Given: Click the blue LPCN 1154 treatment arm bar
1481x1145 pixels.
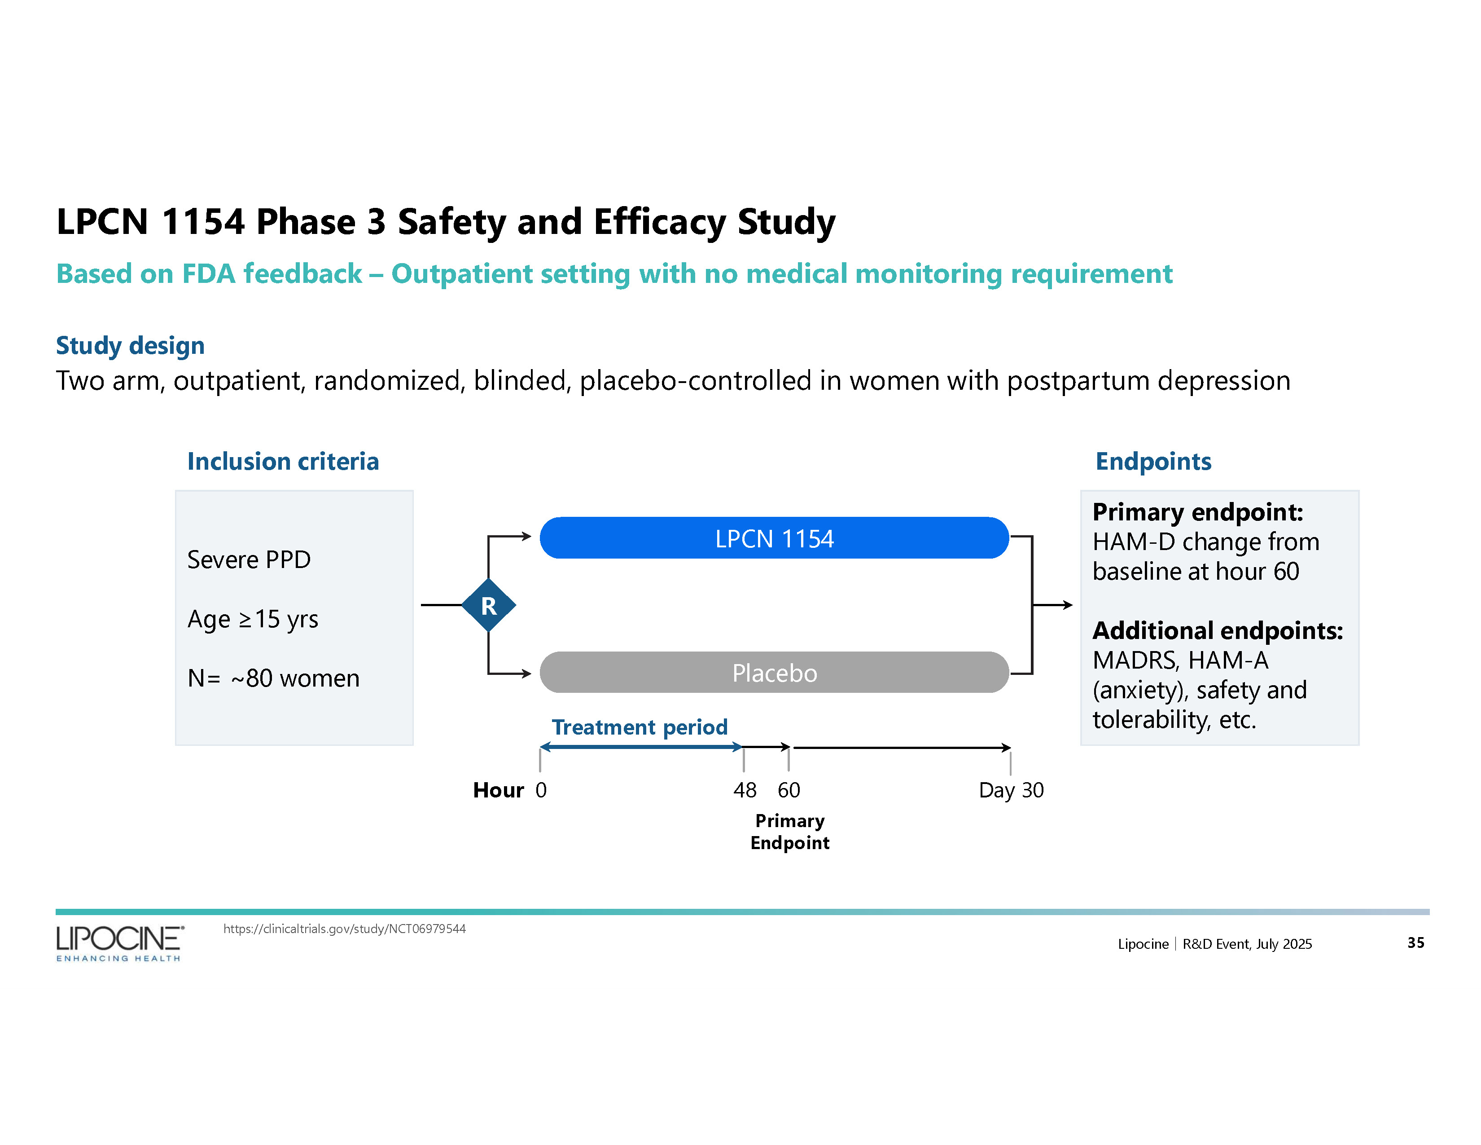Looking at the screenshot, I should [774, 538].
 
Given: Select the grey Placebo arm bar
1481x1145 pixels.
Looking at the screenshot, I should [774, 672].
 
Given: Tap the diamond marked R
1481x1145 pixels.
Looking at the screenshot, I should [488, 605].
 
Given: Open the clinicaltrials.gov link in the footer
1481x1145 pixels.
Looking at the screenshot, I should [345, 929].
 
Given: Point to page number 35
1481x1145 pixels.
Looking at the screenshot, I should [1415, 942].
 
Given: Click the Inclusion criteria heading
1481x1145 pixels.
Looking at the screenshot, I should [283, 461].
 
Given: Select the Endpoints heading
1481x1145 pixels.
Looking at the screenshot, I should [1153, 461].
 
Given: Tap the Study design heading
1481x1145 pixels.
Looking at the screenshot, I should [130, 345].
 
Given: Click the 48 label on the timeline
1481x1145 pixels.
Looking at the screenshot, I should [745, 789].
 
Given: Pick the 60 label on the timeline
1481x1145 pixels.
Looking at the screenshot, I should [789, 789].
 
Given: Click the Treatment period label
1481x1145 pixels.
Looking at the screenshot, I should [640, 727].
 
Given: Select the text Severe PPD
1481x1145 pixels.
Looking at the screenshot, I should [249, 559].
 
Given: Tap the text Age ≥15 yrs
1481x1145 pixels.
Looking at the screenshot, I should [252, 619].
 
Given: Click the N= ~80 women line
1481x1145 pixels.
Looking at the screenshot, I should [273, 678].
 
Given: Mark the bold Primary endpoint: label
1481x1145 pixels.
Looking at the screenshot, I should [1197, 512].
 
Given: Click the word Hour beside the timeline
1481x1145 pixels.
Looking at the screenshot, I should [499, 789].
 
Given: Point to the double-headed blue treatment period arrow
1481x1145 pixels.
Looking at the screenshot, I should [641, 747].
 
